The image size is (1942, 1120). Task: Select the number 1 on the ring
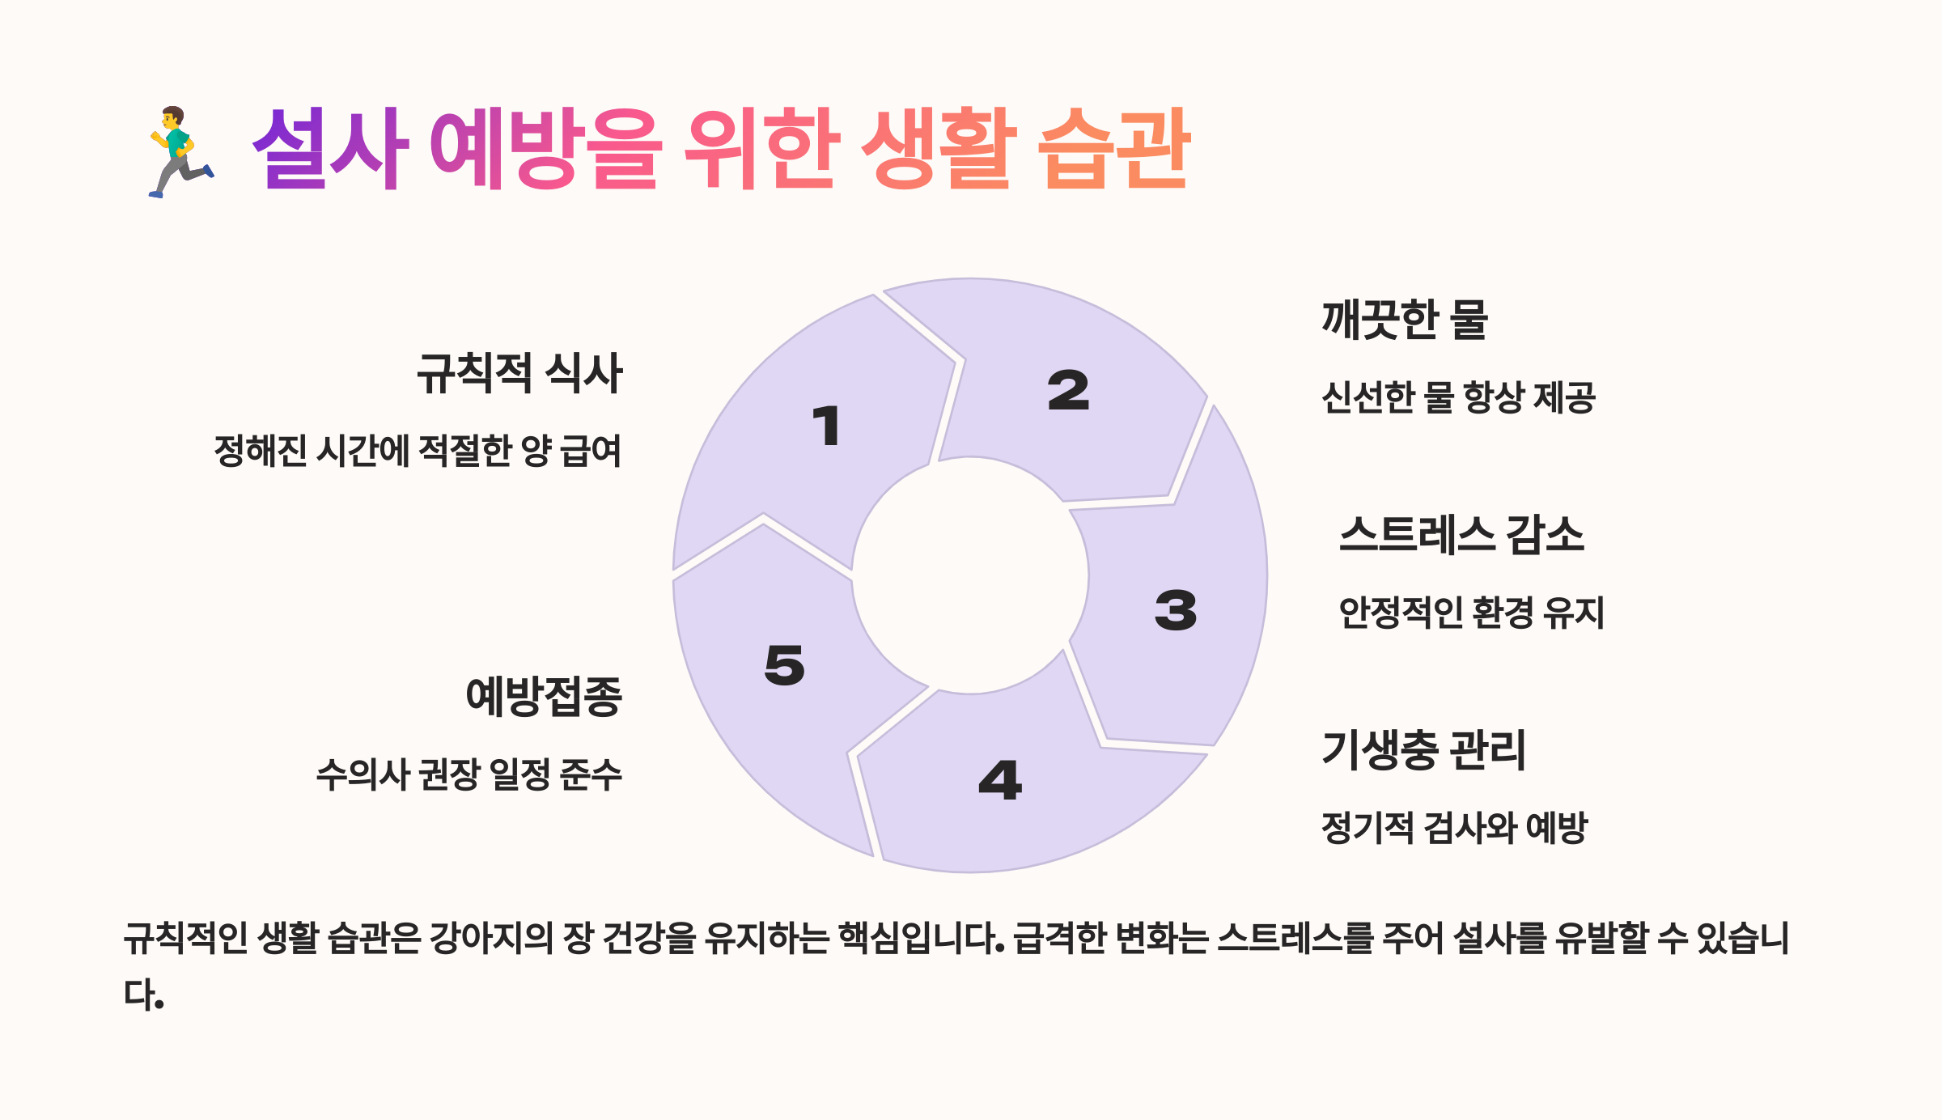tap(827, 426)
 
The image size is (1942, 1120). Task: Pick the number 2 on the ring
tap(1068, 391)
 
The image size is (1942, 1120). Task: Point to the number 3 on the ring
tap(1176, 610)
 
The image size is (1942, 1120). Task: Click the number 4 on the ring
tap(1000, 780)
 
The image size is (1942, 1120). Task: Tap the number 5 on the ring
tap(784, 665)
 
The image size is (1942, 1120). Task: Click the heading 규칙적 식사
tap(519, 374)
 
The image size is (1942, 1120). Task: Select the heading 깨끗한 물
tap(1405, 320)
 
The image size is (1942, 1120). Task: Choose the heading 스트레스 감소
tap(1461, 535)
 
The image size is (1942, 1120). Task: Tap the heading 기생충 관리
tap(1423, 749)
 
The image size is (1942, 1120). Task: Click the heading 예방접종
tap(544, 696)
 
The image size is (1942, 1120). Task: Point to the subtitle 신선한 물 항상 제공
tap(1458, 397)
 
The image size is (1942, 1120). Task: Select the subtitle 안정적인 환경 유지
tap(1471, 613)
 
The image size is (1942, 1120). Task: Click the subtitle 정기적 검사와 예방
tap(1454, 828)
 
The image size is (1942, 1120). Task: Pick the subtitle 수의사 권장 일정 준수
tap(469, 774)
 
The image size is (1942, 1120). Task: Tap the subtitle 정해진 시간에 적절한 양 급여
tap(418, 451)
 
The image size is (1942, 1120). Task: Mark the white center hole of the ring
tap(970, 575)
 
